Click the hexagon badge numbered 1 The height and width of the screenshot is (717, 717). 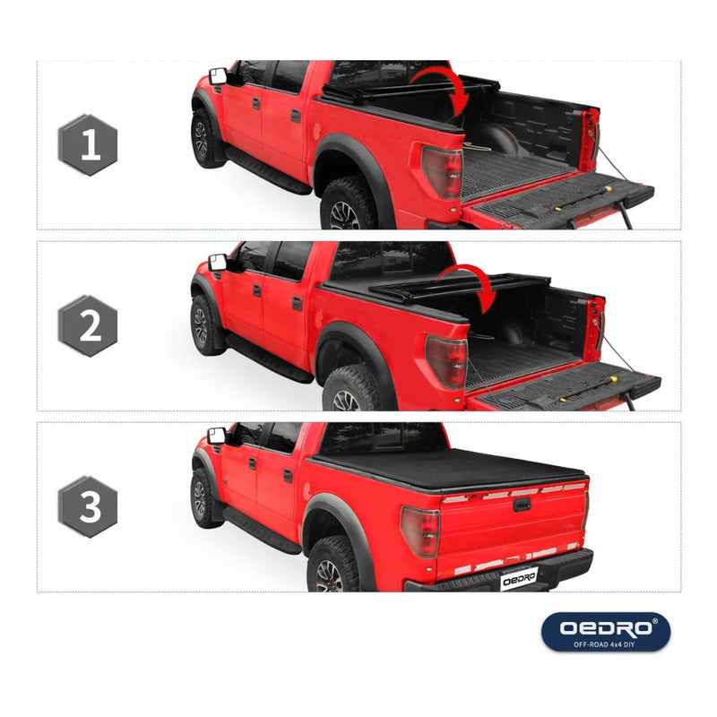coord(88,144)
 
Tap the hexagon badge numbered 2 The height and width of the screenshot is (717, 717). coord(88,325)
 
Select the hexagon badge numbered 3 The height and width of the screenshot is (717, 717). coord(88,506)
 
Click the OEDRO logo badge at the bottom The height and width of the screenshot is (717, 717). coord(606,632)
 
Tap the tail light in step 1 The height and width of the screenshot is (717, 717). coord(443,171)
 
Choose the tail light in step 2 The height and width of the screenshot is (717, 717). coord(446,361)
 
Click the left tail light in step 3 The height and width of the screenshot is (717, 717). coord(420,531)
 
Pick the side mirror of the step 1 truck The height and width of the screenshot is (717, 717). coord(218,76)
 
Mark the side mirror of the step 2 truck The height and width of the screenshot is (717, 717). coord(217,263)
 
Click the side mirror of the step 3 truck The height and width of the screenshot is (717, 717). coord(216,436)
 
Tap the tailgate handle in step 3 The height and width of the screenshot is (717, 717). coord(522,505)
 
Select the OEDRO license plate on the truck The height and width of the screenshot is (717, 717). coord(519,579)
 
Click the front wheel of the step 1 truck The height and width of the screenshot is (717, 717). coord(203,139)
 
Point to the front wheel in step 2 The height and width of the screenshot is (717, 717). coord(203,325)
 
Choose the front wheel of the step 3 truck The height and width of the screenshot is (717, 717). coord(203,498)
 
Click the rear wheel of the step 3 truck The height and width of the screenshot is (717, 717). coord(333,566)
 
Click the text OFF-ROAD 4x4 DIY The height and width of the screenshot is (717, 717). coord(604,644)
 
